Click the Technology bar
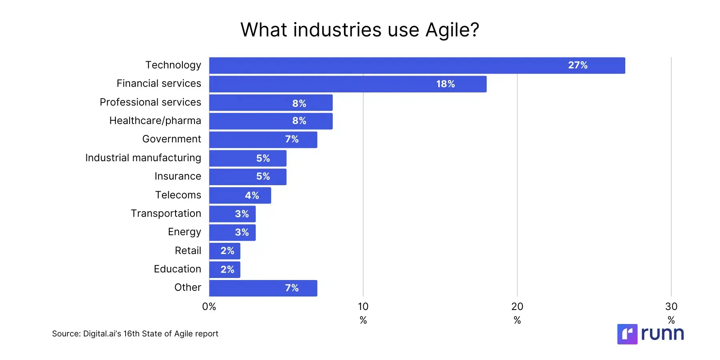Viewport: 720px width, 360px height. pyautogui.click(x=417, y=66)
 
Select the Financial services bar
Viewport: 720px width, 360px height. pyautogui.click(x=348, y=84)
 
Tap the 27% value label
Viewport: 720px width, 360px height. pyautogui.click(x=578, y=65)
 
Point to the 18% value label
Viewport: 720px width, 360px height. pyautogui.click(x=445, y=84)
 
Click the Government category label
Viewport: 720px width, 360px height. pyautogui.click(x=172, y=139)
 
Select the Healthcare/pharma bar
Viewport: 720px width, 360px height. pyautogui.click(x=271, y=121)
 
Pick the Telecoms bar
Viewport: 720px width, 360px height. pyautogui.click(x=240, y=196)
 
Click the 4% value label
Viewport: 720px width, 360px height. pyautogui.click(x=252, y=196)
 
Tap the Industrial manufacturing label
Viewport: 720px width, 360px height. pyautogui.click(x=143, y=158)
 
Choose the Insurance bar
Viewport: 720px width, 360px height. pyautogui.click(x=248, y=177)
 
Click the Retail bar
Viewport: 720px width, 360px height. pyautogui.click(x=224, y=251)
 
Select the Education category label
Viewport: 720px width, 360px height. pyautogui.click(x=177, y=269)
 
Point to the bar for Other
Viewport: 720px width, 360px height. pyautogui.click(x=263, y=288)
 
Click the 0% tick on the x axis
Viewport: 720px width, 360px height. pyautogui.click(x=209, y=307)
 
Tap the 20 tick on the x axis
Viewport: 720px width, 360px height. pyautogui.click(x=517, y=307)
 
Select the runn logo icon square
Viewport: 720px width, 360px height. pyautogui.click(x=627, y=334)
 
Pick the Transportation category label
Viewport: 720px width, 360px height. pyautogui.click(x=166, y=214)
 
